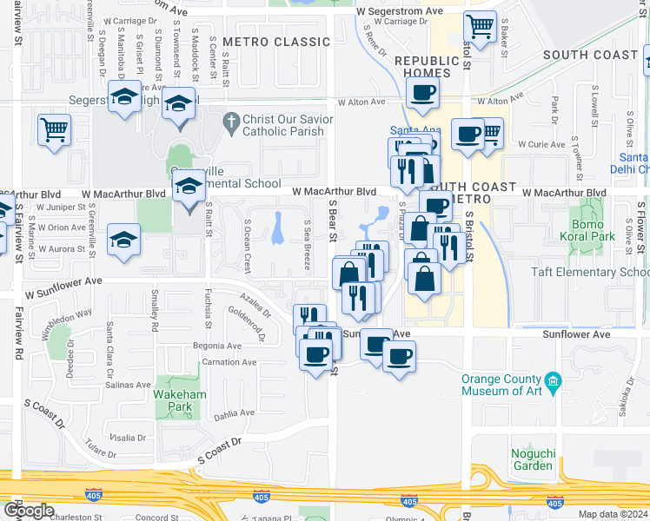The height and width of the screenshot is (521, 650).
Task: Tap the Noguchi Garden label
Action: (532, 458)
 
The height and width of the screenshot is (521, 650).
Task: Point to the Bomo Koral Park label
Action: (594, 229)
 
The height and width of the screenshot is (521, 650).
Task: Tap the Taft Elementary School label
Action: (591, 272)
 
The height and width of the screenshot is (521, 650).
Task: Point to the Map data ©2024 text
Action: (614, 514)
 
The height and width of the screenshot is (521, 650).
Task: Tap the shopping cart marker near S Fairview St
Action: (54, 131)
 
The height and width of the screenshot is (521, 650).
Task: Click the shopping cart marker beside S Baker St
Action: (480, 27)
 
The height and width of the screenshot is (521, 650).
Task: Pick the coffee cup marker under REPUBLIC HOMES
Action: (422, 94)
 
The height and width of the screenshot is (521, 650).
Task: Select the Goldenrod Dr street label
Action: (247, 317)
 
